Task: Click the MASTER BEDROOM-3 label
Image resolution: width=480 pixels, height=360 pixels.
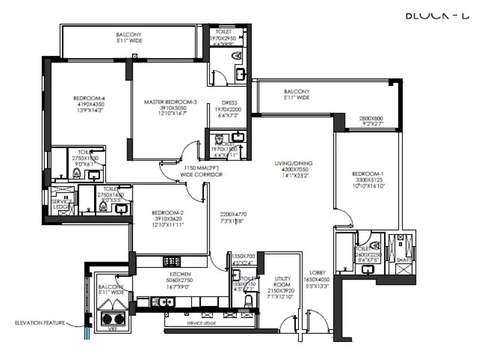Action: pos(170,102)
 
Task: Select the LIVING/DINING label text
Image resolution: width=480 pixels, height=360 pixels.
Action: pos(295,163)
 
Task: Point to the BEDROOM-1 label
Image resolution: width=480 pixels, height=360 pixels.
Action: pos(369,174)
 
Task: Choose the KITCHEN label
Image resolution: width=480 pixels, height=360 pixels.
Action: pos(180,274)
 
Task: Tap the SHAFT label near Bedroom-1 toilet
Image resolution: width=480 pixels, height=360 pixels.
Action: pos(402,260)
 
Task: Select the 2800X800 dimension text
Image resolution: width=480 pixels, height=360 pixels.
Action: pos(371,119)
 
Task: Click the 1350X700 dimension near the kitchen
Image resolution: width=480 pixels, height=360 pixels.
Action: pos(243,256)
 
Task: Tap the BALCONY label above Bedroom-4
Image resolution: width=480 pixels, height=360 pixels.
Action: pos(129,35)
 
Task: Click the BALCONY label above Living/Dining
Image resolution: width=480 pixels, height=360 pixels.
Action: pos(297,92)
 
